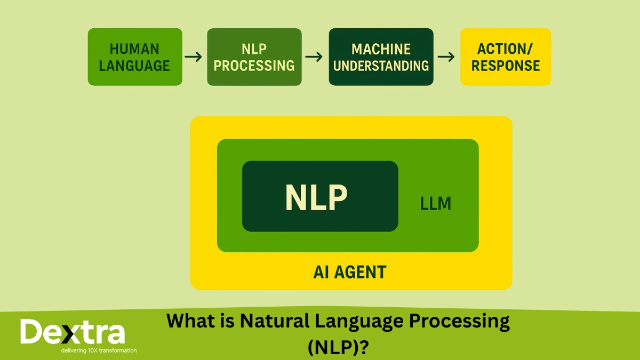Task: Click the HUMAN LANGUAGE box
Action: coord(134,57)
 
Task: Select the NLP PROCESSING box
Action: coord(254,57)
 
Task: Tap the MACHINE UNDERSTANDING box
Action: coord(381,57)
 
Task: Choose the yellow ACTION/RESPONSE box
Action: coord(505,57)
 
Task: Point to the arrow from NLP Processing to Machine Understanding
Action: coord(315,57)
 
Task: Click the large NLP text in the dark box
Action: coord(316,197)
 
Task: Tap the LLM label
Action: coord(436,203)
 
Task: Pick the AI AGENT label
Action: coord(349,272)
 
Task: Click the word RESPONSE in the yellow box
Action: coord(506,66)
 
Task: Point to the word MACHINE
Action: coord(381,49)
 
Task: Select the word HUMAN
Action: coord(134,49)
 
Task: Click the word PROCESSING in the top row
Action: coord(254,66)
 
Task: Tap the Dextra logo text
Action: coord(73,332)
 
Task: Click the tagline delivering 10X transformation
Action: coord(99,350)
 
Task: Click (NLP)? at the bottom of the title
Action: coord(338,347)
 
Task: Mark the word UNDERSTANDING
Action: coord(381,66)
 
